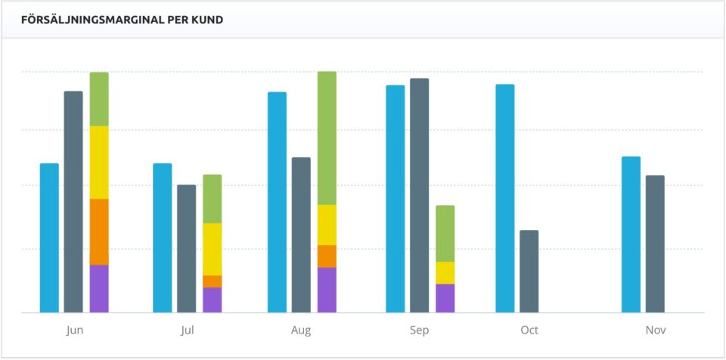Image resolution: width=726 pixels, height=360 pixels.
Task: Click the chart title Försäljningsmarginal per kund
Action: (122, 20)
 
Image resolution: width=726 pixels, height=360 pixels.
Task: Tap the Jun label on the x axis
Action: (75, 331)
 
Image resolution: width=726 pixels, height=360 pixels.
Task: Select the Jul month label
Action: (188, 331)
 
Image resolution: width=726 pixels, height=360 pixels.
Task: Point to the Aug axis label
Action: (301, 331)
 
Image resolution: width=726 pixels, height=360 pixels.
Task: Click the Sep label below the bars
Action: (419, 331)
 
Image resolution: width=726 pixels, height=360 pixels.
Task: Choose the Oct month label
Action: (529, 331)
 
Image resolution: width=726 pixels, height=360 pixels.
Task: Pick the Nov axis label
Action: (656, 331)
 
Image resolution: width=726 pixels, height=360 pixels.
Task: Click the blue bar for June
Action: (49, 237)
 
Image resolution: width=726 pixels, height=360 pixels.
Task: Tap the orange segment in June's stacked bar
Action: (99, 231)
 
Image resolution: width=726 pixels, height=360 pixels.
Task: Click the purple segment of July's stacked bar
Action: (213, 299)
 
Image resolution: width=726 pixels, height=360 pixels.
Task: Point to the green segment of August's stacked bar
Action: (327, 138)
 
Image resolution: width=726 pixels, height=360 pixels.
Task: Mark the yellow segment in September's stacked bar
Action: (445, 272)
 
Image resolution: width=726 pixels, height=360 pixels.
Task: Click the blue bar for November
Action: (631, 234)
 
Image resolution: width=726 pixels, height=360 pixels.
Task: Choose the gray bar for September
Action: (419, 195)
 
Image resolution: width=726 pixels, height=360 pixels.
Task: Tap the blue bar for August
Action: (277, 202)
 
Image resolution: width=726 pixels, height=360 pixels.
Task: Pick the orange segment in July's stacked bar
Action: (213, 281)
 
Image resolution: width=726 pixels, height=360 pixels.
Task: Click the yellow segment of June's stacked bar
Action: (99, 162)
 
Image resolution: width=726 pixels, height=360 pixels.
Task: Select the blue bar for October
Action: (505, 198)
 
